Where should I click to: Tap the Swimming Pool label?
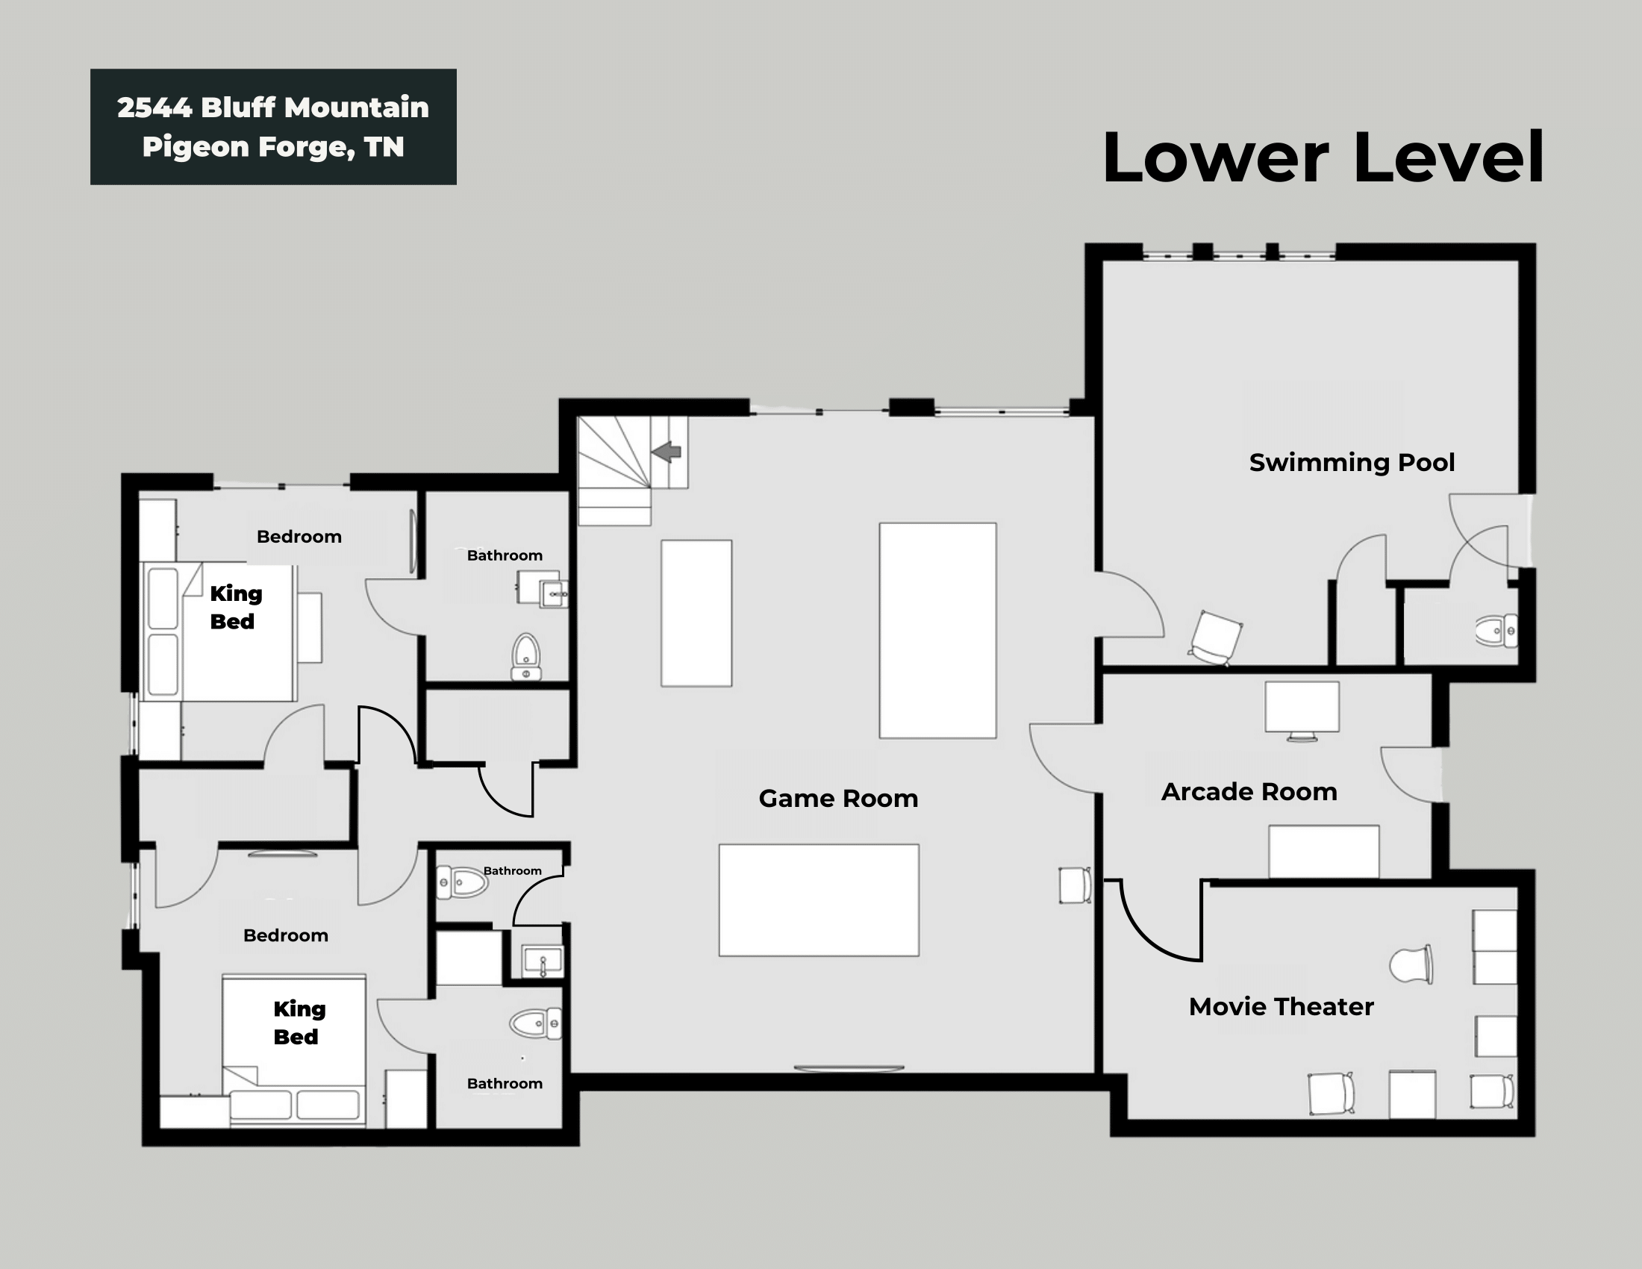1351,461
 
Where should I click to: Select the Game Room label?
837,798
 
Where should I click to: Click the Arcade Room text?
1249,791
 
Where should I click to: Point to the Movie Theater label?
1280,1006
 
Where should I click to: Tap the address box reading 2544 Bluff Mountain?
273,126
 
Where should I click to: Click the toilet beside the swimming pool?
1496,631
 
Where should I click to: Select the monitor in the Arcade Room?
1302,709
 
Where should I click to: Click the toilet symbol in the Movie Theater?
1411,964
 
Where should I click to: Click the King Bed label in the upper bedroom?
235,607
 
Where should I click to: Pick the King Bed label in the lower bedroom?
299,1022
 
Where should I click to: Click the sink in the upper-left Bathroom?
554,594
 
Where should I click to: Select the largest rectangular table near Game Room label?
818,900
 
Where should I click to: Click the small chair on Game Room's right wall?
1074,885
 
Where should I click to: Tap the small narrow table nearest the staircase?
696,613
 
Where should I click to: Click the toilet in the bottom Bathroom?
535,1023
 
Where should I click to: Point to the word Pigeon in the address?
195,146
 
